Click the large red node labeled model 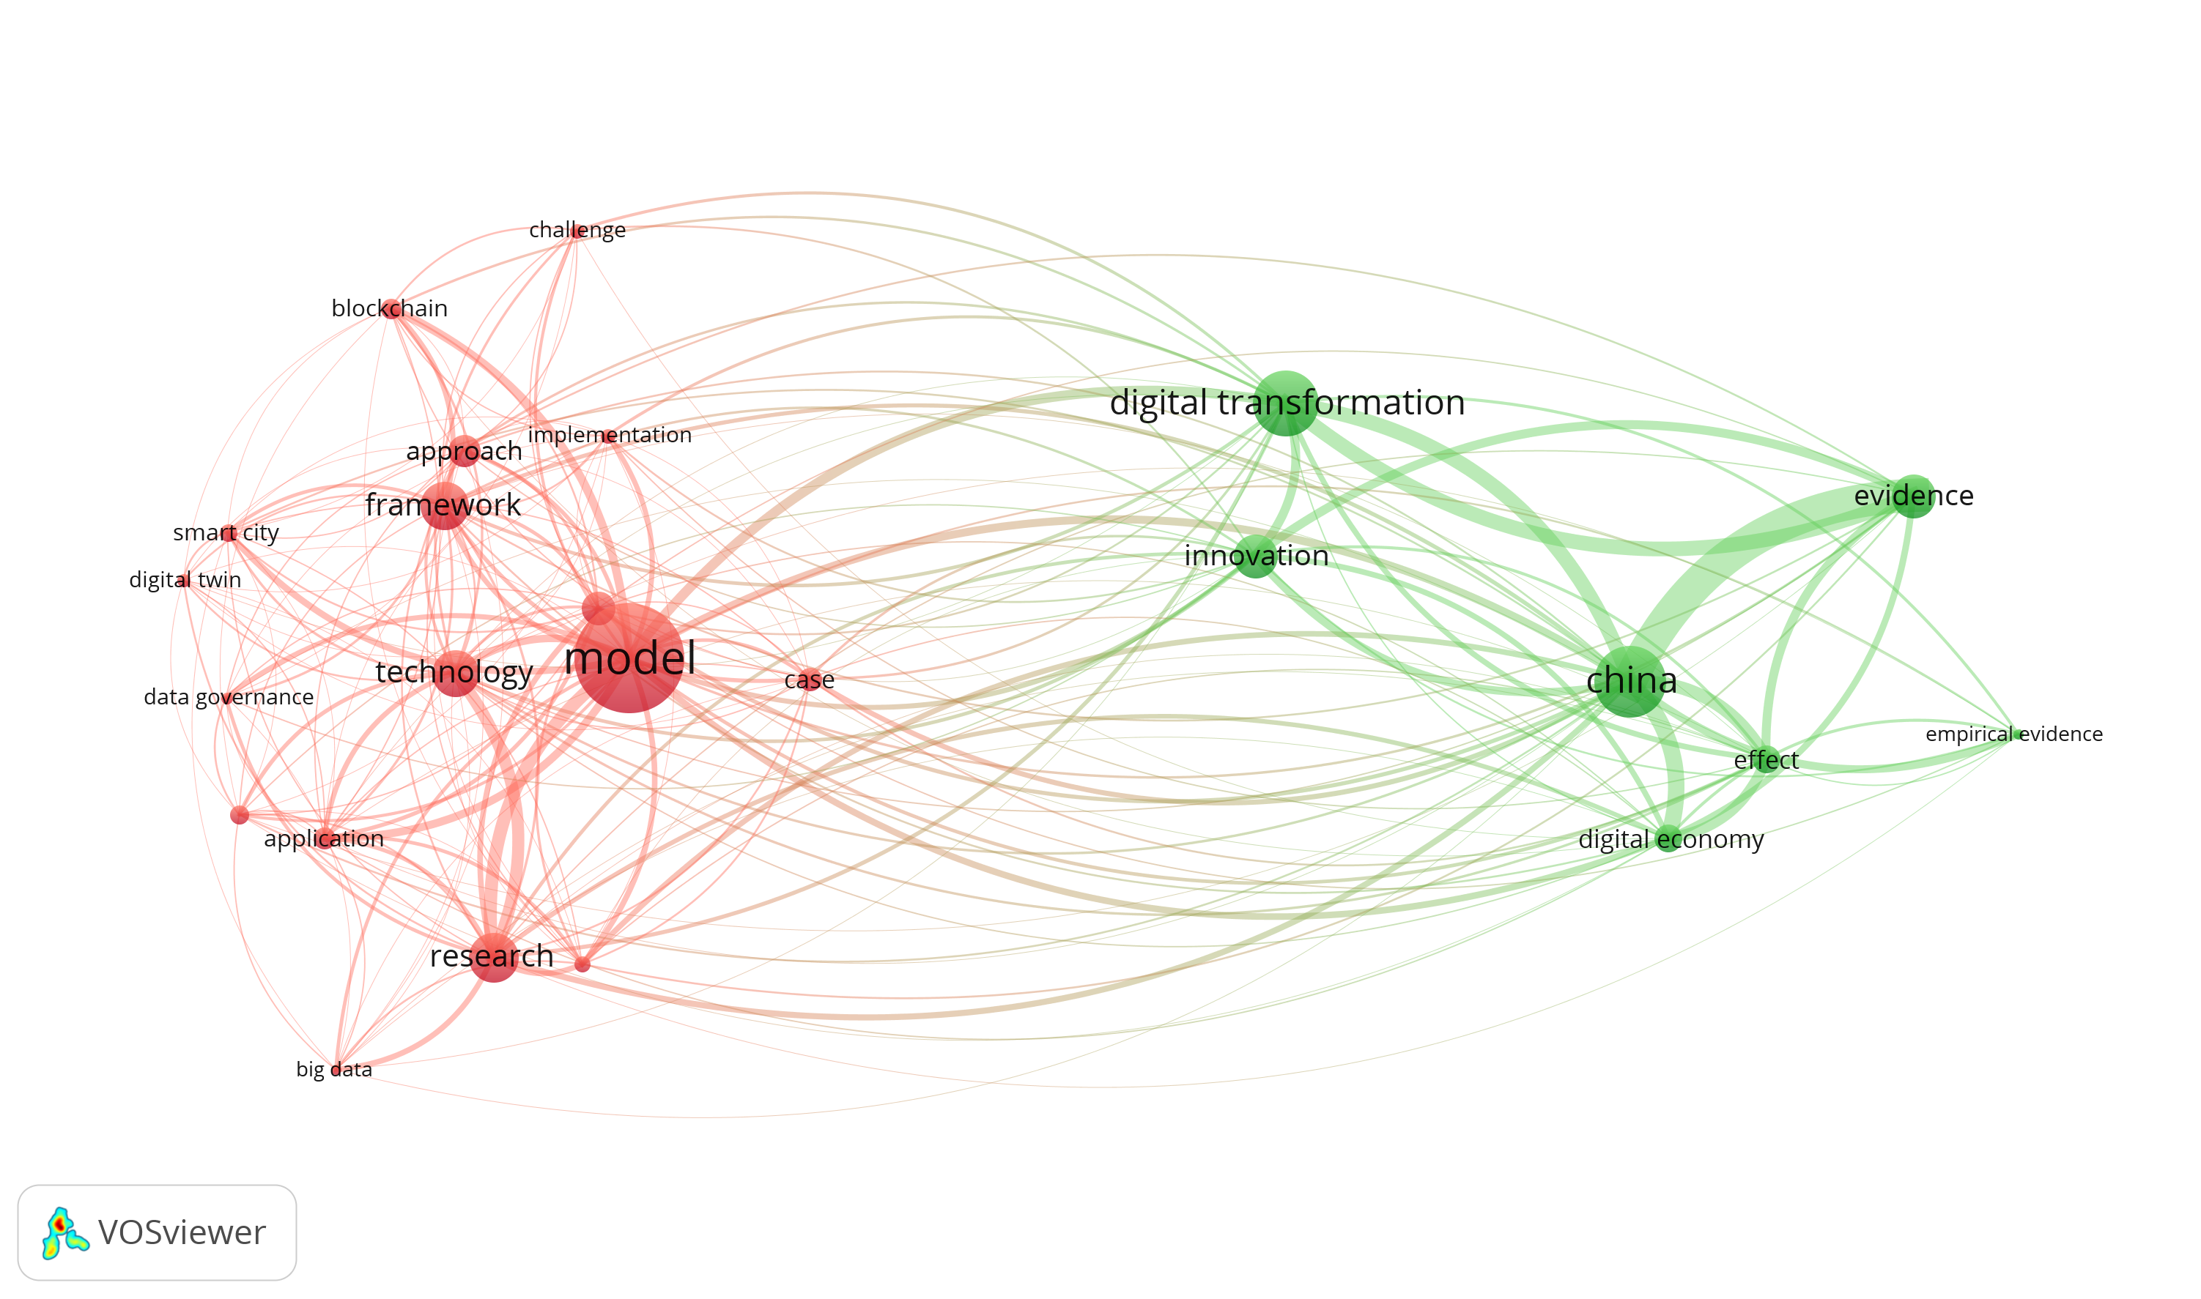click(629, 658)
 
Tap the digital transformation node click(1286, 403)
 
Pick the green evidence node click(1914, 496)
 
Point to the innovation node click(1256, 557)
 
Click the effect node click(1767, 761)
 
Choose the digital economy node click(1668, 839)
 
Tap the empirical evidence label click(2013, 734)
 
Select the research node click(494, 957)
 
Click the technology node click(456, 673)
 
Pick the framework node click(445, 506)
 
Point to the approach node click(465, 452)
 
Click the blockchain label click(389, 308)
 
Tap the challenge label click(577, 230)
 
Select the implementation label click(610, 435)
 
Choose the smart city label click(226, 533)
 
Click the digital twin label click(185, 579)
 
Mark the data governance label click(229, 697)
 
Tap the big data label click(333, 1070)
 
